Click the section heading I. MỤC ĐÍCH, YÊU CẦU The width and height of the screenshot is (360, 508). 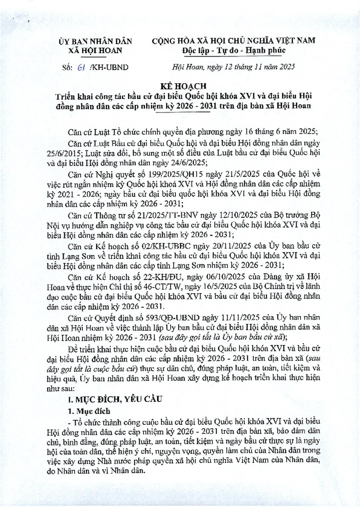(x=109, y=399)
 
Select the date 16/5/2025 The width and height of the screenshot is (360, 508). (x=216, y=285)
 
